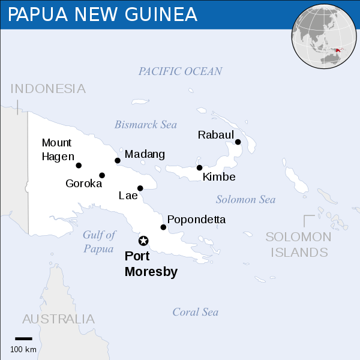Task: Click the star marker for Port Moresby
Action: point(143,241)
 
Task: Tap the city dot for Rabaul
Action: point(238,142)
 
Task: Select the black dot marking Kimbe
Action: point(199,167)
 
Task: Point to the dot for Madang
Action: point(118,160)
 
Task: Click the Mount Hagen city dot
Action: point(79,166)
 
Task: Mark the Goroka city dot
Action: point(102,175)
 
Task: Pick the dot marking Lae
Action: point(140,188)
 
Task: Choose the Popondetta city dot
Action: point(163,227)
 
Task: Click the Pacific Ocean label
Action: point(180,71)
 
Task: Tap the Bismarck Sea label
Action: point(146,125)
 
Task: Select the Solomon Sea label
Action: point(245,199)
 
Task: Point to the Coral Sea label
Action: point(195,312)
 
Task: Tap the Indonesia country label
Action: point(48,89)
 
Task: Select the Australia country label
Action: point(58,319)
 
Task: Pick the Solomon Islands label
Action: point(299,244)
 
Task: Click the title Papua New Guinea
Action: point(102,14)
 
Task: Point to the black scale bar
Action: point(23,339)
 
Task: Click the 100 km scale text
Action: point(23,349)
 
